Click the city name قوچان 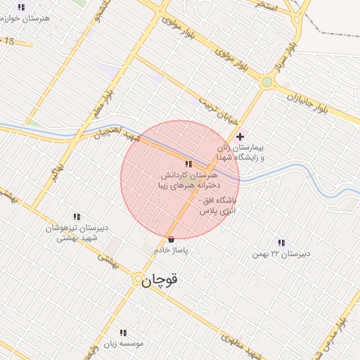coord(160,279)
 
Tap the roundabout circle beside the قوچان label coord(136,279)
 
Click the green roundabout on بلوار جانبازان coord(266,82)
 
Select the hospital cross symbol coord(240,136)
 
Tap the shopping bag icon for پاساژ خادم coord(172,239)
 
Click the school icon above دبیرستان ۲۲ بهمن coord(281,243)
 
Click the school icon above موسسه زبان coord(123,333)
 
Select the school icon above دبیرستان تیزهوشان coord(77,217)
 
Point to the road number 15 coord(8,42)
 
